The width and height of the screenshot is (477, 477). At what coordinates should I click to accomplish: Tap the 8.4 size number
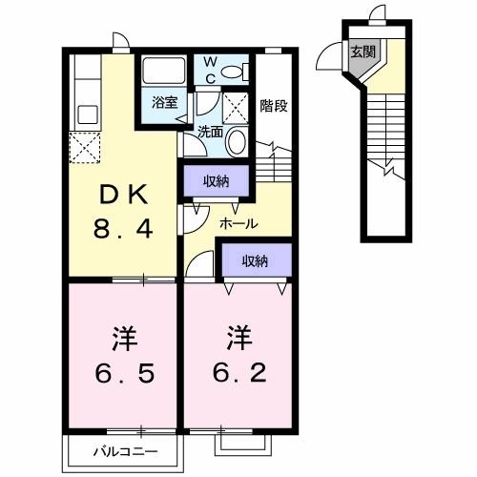coord(120,229)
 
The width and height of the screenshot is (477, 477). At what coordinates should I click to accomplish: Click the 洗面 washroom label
coord(210,133)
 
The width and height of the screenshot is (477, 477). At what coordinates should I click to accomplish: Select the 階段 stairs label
coord(273,106)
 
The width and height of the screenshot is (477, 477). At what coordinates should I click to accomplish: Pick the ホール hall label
coord(238,223)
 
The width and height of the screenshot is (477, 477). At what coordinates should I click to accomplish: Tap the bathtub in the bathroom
coord(165,72)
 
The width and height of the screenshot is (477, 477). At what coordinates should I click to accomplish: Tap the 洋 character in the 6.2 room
coord(238,339)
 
